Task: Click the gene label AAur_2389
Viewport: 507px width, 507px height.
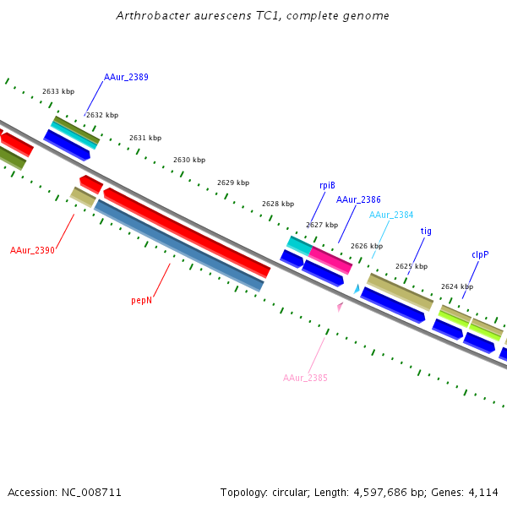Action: point(126,77)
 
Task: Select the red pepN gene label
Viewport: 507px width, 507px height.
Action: point(142,300)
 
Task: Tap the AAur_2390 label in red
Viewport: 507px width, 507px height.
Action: point(32,250)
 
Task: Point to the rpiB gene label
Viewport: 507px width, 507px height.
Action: point(327,185)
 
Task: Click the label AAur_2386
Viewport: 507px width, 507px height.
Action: point(358,199)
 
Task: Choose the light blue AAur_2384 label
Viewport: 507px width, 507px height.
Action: point(391,215)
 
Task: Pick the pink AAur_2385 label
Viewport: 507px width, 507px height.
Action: point(305,378)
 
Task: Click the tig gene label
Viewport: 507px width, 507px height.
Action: point(426,231)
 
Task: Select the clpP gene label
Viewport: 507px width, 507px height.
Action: point(480,254)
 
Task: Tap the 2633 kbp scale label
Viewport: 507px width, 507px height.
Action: point(58,91)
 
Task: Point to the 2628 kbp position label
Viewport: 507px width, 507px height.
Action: point(278,204)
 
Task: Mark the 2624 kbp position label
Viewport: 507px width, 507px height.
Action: point(457,286)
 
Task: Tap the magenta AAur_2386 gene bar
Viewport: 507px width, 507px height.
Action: point(330,259)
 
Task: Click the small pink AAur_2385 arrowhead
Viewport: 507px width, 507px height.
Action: point(340,307)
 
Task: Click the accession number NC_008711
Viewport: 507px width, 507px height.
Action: point(93,492)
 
